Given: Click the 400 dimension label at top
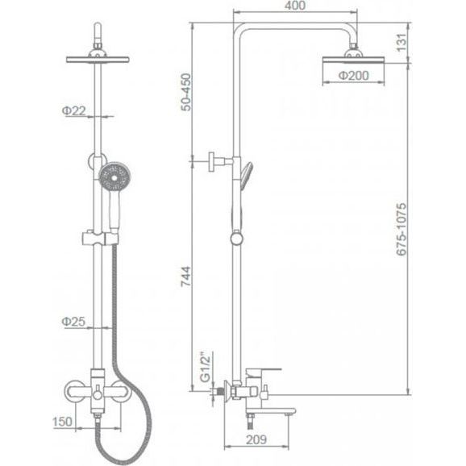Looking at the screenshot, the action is coord(294,6).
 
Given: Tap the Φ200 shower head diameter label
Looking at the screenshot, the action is coord(354,76).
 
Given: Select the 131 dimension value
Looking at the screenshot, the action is coord(402,43).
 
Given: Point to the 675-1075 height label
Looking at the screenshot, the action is coord(402,229).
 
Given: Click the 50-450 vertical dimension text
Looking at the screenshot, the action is coord(186,92).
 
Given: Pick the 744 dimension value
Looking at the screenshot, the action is coord(186,277).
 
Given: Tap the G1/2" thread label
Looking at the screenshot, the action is coord(205,367).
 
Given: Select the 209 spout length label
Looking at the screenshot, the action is coord(256,439).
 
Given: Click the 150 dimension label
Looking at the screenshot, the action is coord(62,422).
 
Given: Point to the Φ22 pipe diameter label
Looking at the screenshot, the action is coord(73,110).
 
